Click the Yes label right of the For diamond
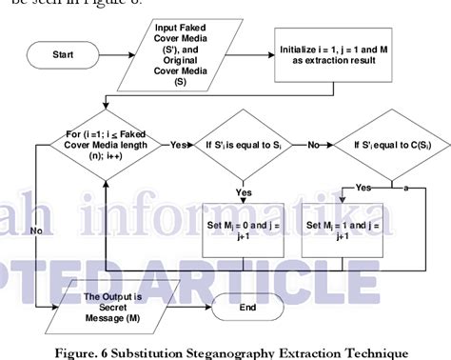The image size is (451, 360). [178, 148]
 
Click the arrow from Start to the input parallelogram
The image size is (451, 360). [126, 54]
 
